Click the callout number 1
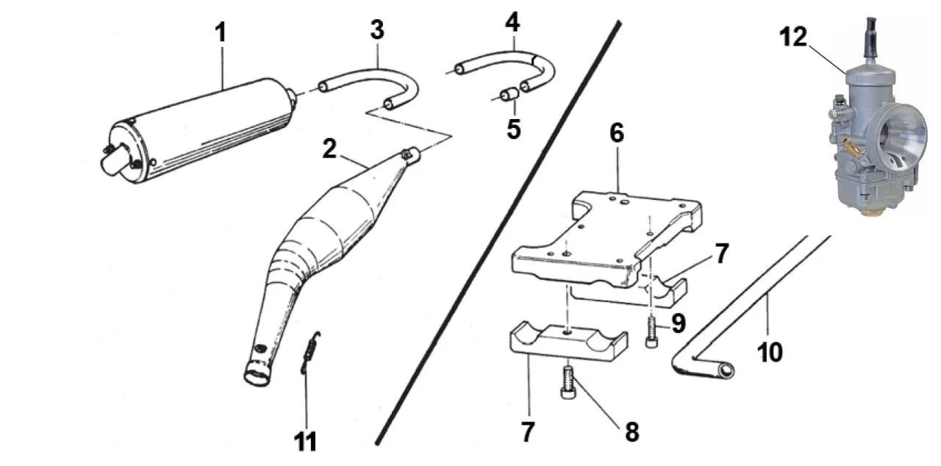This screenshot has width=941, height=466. pos(221,32)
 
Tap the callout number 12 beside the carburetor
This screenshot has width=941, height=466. pos(793,37)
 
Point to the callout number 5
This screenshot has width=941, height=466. pos(513,129)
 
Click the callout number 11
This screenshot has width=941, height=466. pos(305,442)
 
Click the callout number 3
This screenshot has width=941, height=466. pos(376,32)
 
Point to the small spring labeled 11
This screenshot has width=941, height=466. pos(311,353)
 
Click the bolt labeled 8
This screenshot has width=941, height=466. pos(569,382)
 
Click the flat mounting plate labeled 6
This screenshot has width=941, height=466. pos(603,235)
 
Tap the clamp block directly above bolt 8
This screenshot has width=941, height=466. pos(567,341)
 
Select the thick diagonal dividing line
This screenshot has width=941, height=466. pos(500,235)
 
